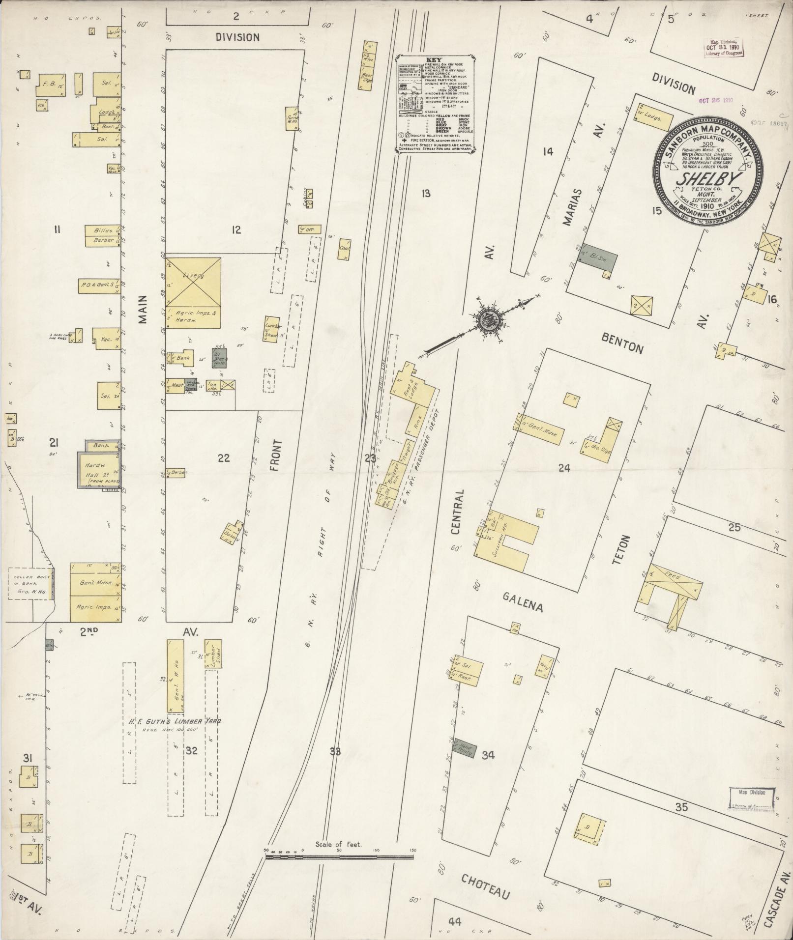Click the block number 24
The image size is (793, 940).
pos(564,468)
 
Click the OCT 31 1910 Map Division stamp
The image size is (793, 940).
pos(722,48)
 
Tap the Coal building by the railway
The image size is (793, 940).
pos(345,249)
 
